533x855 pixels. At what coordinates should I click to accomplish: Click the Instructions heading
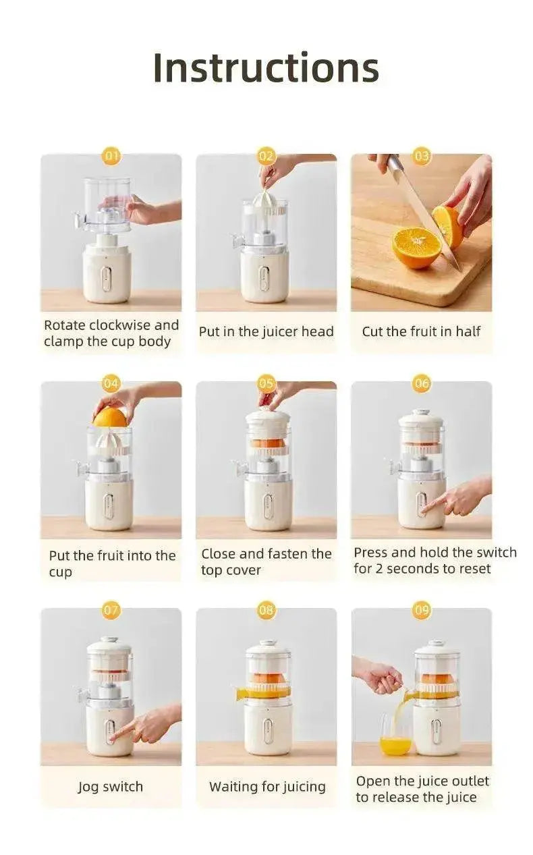266,67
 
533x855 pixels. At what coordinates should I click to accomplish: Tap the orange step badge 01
111,157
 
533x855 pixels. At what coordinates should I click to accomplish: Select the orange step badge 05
266,384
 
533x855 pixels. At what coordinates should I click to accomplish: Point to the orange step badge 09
422,611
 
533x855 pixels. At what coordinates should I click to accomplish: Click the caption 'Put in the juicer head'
266,331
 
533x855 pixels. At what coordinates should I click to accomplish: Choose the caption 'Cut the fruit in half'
421,331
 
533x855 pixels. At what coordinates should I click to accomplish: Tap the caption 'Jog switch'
111,787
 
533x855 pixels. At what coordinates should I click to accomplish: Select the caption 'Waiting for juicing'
267,787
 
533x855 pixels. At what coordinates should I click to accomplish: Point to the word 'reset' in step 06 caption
474,569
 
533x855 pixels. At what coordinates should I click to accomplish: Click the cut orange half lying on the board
416,247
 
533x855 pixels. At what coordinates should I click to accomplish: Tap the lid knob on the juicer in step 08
268,642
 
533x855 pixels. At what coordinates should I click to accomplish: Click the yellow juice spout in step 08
242,693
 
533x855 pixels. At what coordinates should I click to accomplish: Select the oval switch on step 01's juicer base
107,278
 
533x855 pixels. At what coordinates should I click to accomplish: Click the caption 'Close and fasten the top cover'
266,562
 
